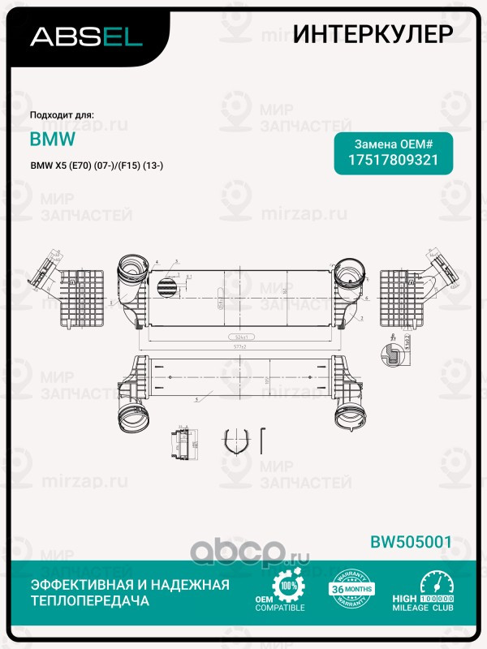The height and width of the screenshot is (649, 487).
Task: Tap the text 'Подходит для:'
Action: pos(62,115)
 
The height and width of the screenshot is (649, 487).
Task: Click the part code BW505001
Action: pos(410,541)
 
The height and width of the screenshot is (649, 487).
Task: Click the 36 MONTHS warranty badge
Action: pos(351,596)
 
